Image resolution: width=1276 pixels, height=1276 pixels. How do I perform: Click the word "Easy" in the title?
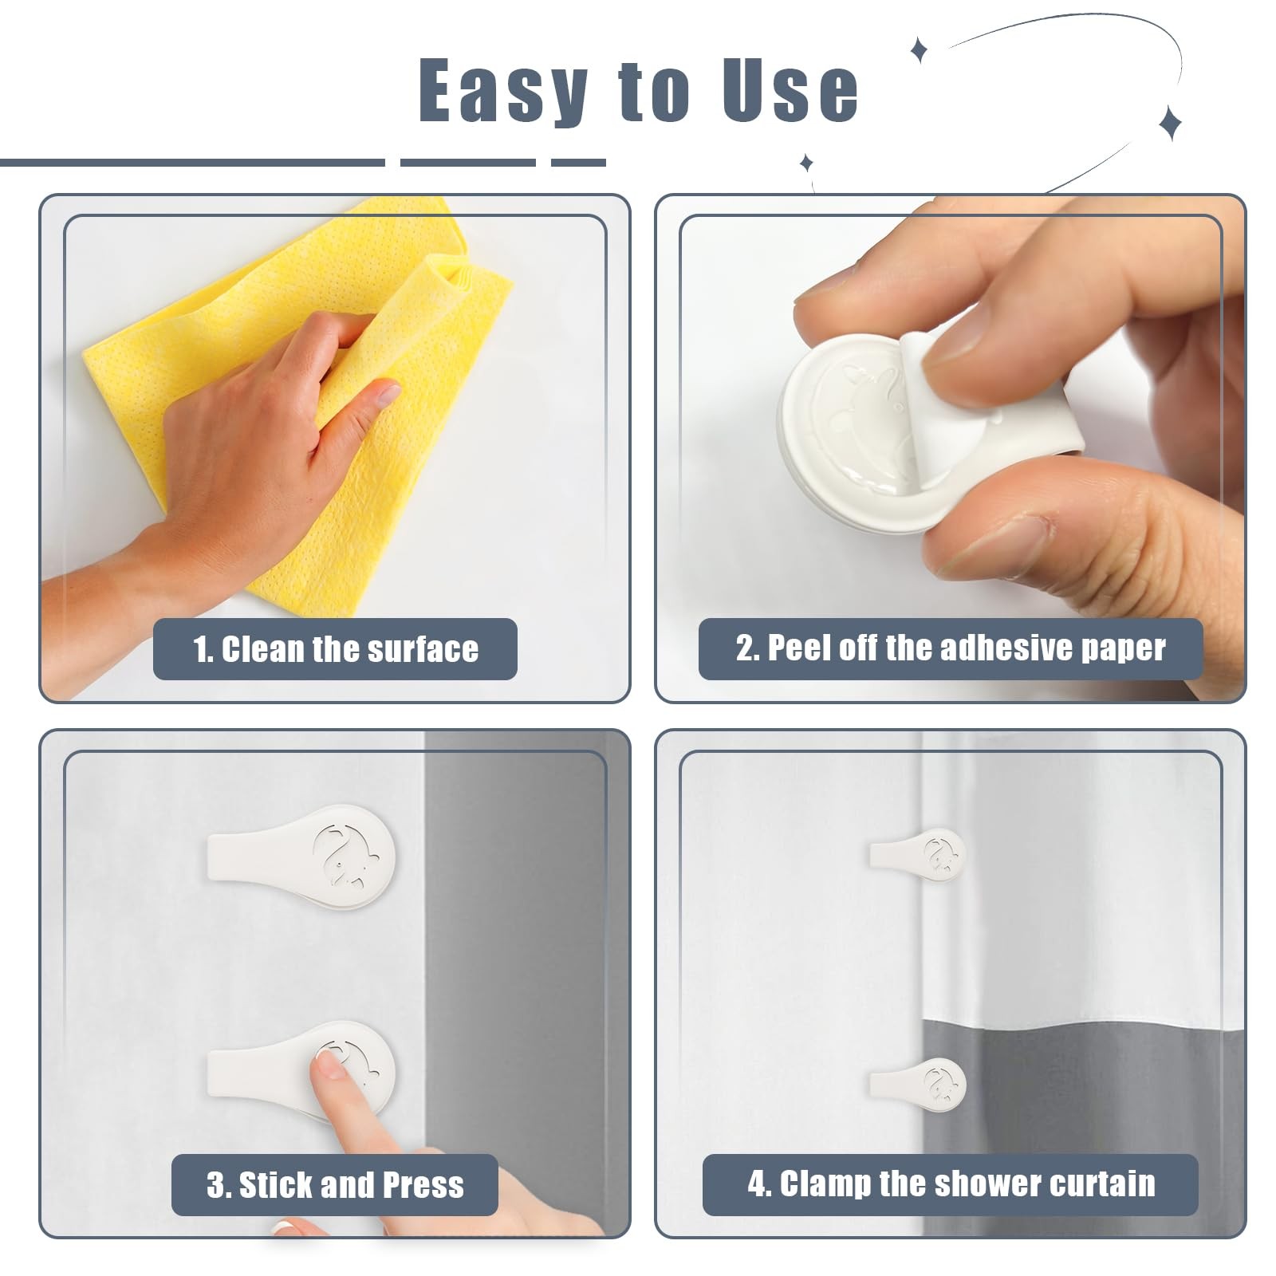(503, 90)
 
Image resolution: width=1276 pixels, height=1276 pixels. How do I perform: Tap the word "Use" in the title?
(790, 89)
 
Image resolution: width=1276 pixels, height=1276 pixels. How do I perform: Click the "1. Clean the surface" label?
(335, 649)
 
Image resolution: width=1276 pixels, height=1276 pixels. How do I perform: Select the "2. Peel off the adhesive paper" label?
(951, 648)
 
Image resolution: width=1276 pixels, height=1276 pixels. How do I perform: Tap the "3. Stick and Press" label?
(335, 1184)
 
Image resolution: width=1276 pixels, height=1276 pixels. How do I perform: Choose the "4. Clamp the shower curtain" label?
(951, 1184)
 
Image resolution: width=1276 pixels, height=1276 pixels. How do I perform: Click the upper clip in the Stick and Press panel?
(301, 857)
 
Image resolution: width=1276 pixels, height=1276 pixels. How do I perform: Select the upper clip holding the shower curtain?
(917, 854)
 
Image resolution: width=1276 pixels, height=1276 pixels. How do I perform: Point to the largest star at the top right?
(1170, 123)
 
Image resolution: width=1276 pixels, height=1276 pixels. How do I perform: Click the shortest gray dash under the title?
(578, 163)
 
